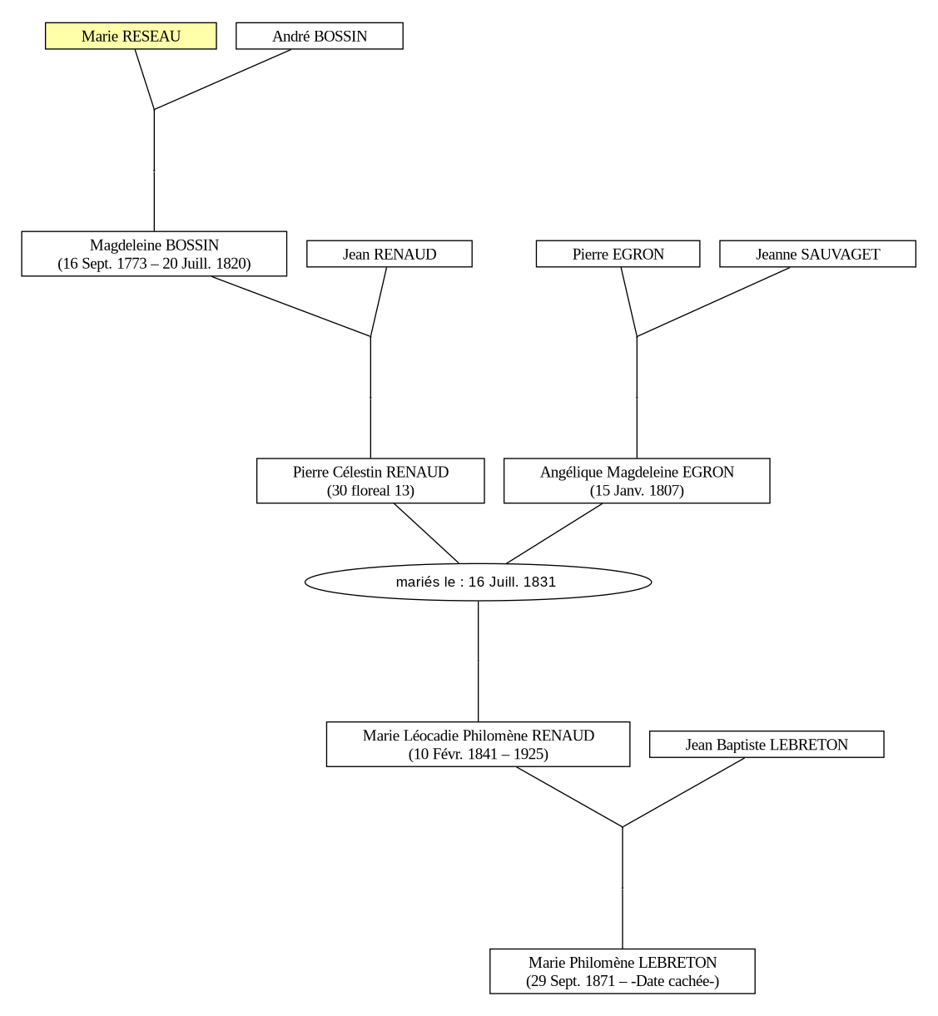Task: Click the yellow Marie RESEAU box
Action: tap(131, 36)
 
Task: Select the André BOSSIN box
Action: tap(320, 36)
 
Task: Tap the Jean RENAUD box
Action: tap(389, 254)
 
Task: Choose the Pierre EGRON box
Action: tap(618, 254)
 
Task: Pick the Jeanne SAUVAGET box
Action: tap(817, 254)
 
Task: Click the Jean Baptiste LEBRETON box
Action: tap(767, 745)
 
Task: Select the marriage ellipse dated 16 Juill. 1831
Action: tap(478, 582)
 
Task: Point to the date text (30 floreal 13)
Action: tap(370, 491)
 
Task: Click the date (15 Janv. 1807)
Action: tap(637, 491)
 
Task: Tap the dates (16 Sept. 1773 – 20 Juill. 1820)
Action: tap(154, 264)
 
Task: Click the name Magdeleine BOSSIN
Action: tap(154, 245)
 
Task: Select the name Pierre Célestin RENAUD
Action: tap(370, 472)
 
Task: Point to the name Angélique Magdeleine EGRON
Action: tap(637, 472)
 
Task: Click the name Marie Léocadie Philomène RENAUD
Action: tap(478, 735)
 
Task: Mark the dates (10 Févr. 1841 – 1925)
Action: tap(478, 754)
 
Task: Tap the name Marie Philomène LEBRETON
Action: tap(623, 962)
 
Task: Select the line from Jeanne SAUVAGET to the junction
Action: tap(713, 302)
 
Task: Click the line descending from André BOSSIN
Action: tap(222, 79)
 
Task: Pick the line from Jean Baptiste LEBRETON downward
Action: tap(683, 792)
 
